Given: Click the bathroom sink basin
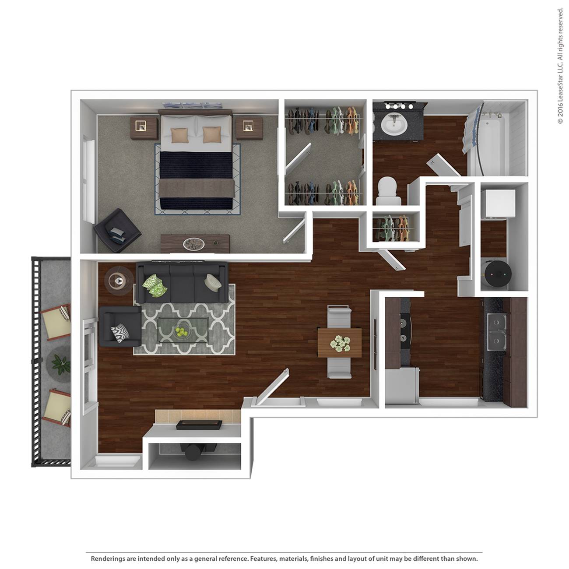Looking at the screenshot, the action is coord(394,124).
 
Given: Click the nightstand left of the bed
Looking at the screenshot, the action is coord(144,128).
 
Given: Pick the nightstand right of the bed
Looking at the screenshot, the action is coord(249,128).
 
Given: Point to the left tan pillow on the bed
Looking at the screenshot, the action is coord(179,135).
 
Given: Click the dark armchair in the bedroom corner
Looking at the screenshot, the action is coord(117,230).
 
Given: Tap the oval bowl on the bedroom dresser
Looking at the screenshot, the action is coord(194,244).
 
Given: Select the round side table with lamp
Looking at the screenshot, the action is coord(119,280).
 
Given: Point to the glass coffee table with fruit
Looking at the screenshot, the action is coord(183,330).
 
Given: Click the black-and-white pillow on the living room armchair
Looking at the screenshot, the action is coord(120,333).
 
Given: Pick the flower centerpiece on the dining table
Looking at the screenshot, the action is coord(340,343).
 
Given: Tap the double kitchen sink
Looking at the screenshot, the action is coord(497,332).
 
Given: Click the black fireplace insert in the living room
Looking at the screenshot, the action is coord(199,425).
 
